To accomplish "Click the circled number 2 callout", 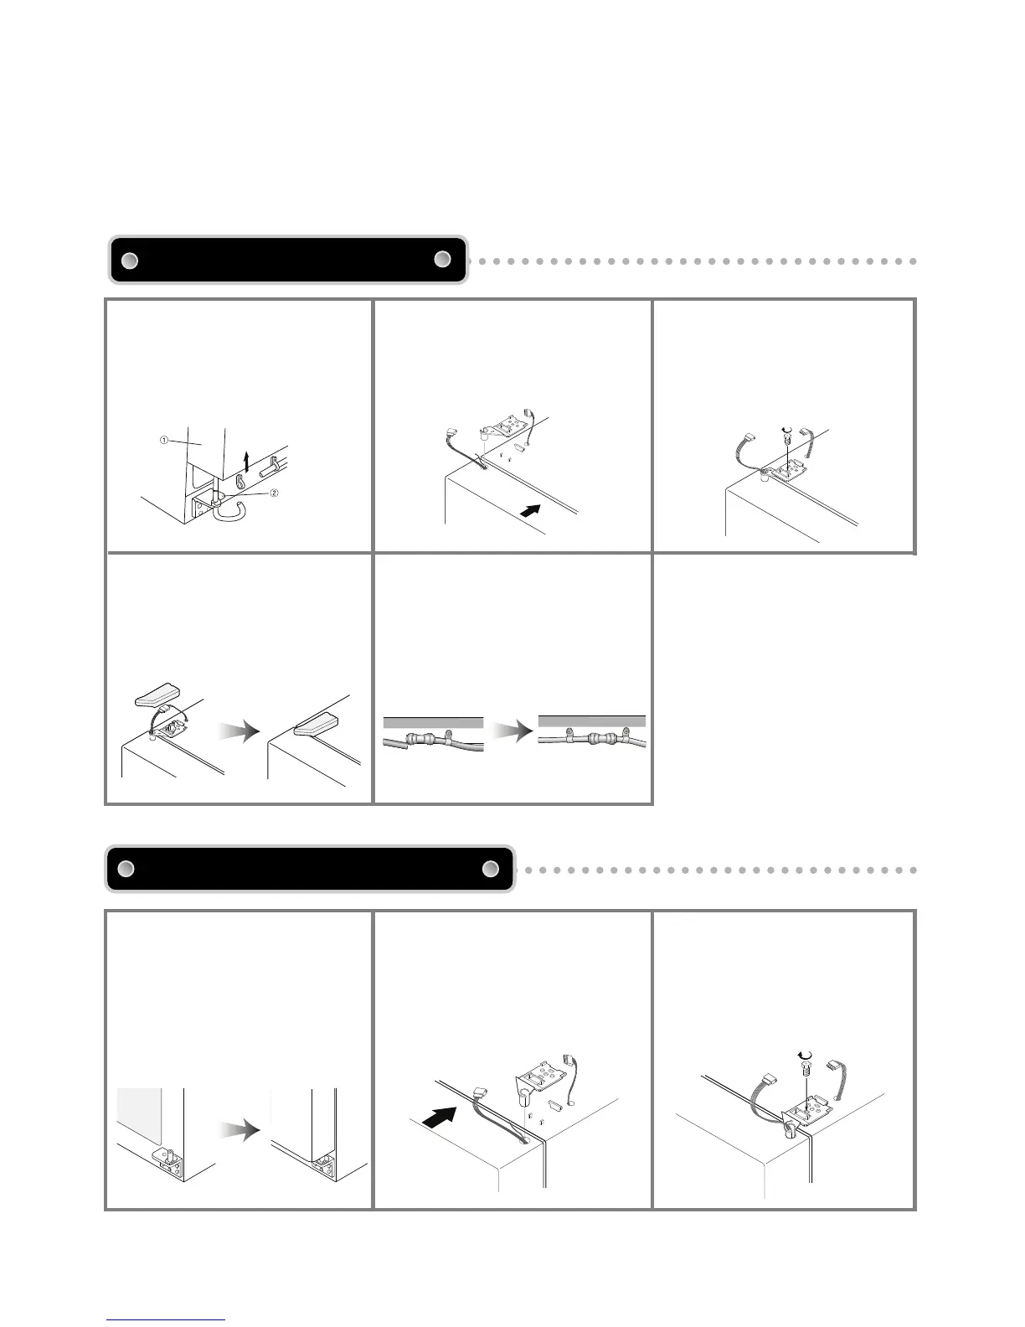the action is [x=274, y=493].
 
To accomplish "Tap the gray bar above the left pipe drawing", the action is [x=433, y=721].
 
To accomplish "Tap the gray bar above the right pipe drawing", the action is [x=591, y=720].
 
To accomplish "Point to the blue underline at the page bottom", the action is [x=166, y=1320].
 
